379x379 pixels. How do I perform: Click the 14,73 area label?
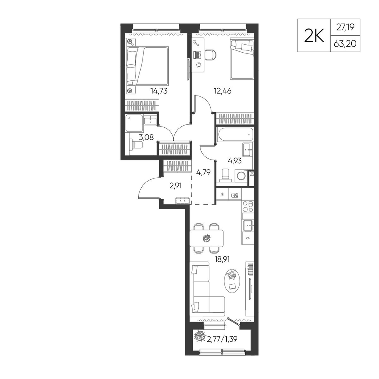[x=159, y=91]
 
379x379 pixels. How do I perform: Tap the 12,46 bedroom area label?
[x=222, y=91]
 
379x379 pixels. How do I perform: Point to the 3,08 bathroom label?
[x=146, y=137]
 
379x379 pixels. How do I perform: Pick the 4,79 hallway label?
[x=203, y=172]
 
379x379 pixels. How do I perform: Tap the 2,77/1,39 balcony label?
[x=222, y=339]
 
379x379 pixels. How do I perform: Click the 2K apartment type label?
[x=314, y=36]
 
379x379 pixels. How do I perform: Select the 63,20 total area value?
[x=345, y=44]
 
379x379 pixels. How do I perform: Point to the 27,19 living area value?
[x=345, y=27]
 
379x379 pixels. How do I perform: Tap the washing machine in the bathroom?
[x=241, y=176]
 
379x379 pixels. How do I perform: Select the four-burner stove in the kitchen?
[x=248, y=207]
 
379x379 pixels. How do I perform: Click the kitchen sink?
[x=248, y=226]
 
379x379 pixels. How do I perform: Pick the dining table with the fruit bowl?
[x=206, y=238]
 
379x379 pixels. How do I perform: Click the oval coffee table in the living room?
[x=233, y=281]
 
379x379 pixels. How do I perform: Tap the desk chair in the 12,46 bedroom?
[x=211, y=55]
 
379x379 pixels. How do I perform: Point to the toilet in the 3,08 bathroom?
[x=136, y=145]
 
